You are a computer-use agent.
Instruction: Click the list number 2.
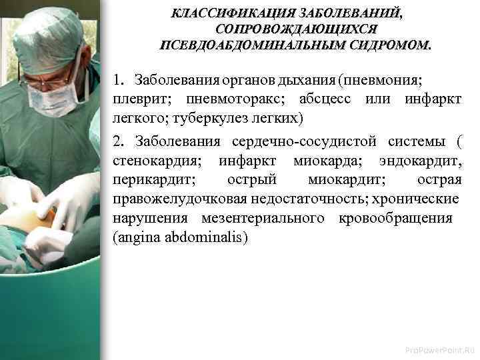[118, 142]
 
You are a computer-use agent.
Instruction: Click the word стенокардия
[155, 161]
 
